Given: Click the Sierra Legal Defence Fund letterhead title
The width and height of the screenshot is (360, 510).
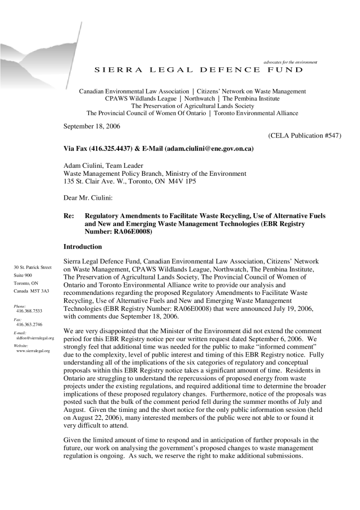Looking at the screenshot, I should [x=198, y=70].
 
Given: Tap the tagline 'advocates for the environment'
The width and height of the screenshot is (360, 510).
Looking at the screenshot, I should [x=290, y=62].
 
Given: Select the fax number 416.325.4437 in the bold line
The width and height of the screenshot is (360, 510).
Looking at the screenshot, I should [x=111, y=149].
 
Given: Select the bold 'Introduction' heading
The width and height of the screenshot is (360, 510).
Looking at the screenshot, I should [x=83, y=247].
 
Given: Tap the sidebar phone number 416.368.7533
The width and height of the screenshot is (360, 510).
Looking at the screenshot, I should [x=29, y=311].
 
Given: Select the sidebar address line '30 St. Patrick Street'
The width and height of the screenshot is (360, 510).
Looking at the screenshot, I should [x=33, y=267].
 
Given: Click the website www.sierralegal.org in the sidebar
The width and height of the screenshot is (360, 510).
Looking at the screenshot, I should [x=33, y=351].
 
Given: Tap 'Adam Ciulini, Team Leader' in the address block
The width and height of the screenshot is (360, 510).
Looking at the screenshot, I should [x=104, y=166].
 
